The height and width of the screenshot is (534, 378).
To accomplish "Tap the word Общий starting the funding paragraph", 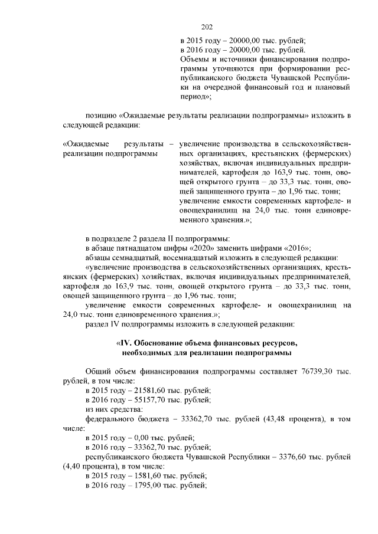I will tap(97, 371).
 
